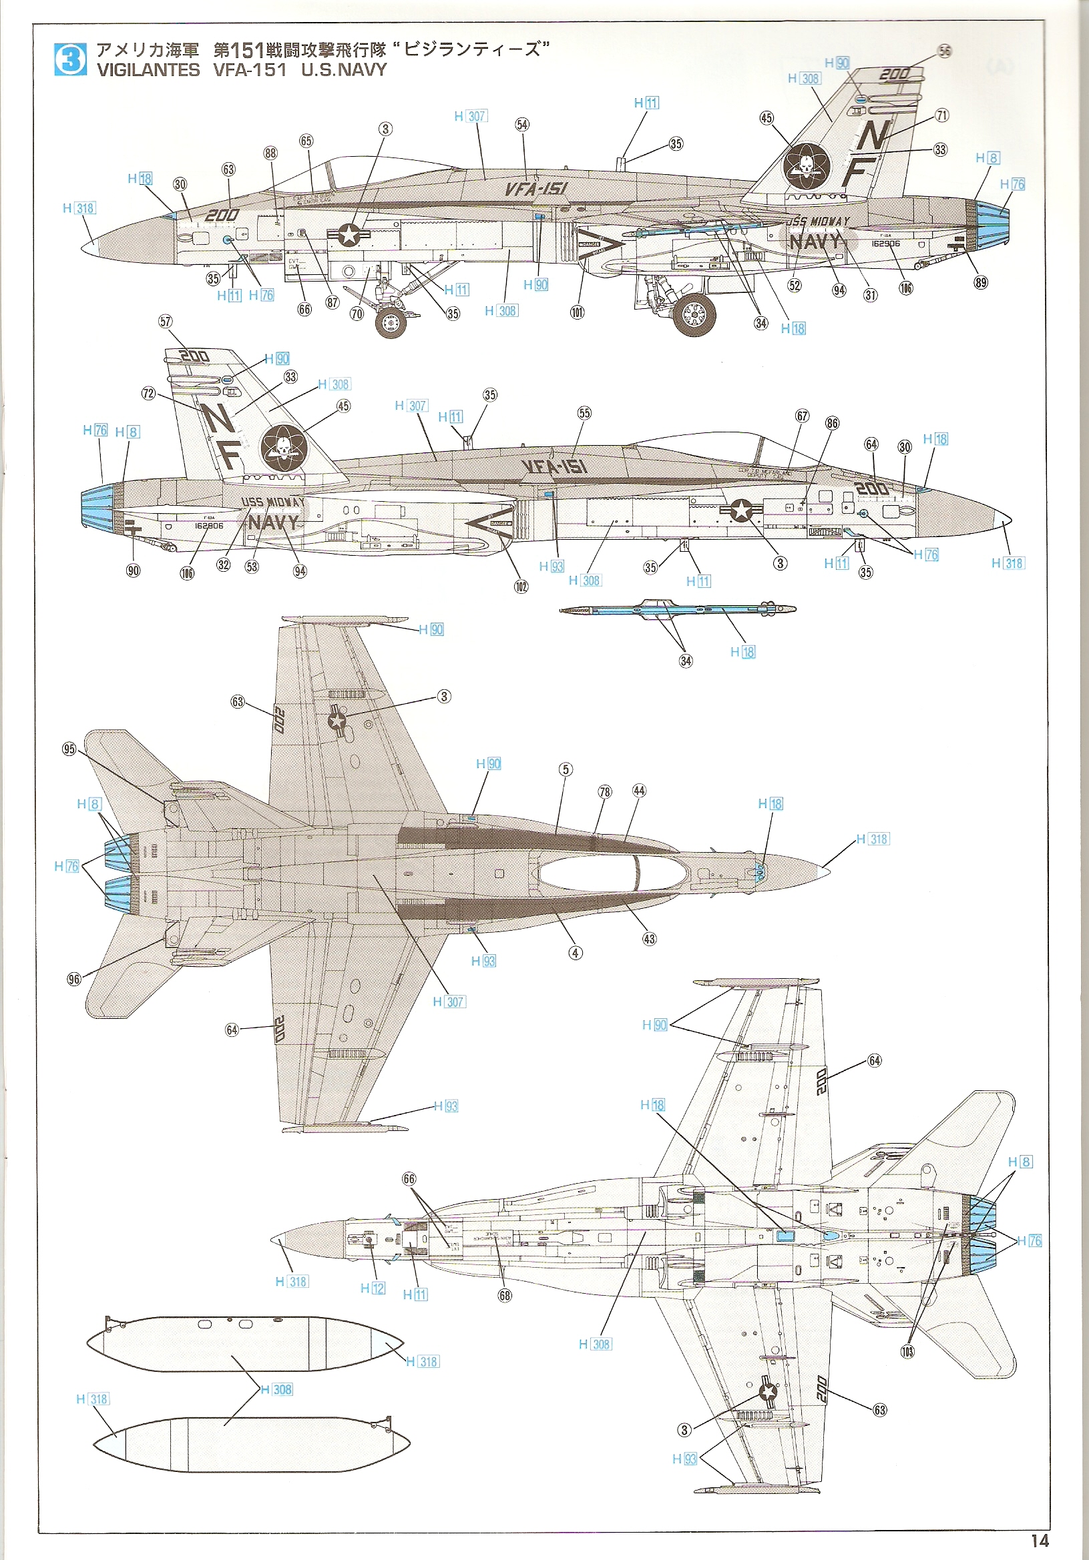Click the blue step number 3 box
(70, 59)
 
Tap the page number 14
(1040, 1540)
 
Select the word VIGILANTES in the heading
(148, 70)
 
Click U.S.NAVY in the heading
(344, 70)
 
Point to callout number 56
(944, 51)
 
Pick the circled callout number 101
(577, 312)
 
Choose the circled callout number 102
(521, 586)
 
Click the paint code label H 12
(373, 1288)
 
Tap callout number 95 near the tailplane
(69, 749)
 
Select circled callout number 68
(504, 1295)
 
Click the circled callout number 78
(604, 791)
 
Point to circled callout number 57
(165, 322)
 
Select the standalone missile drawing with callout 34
(676, 609)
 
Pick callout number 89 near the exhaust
(980, 283)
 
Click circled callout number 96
(73, 979)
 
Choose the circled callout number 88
(270, 153)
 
